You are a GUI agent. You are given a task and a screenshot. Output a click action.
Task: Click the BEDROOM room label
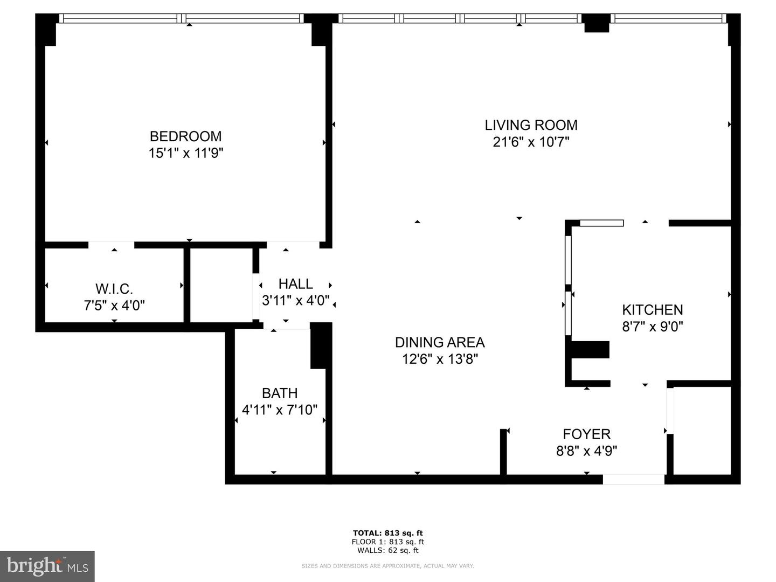(185, 136)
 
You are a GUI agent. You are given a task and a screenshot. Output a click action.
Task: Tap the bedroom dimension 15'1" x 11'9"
(185, 154)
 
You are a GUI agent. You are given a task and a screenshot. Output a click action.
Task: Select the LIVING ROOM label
(531, 126)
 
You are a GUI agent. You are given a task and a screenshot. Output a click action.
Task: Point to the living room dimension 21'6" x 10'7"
(531, 142)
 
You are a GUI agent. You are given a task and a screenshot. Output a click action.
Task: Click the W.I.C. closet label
(114, 289)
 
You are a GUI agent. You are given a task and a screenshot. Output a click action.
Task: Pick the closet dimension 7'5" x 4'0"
(114, 306)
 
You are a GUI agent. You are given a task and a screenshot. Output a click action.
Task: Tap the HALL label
(295, 284)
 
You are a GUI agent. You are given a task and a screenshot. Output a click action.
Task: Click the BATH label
(280, 393)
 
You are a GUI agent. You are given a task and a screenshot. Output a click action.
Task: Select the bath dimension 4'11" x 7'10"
(280, 410)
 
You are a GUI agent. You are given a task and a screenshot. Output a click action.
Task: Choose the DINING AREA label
(440, 342)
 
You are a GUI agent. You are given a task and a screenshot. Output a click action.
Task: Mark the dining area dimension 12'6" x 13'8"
(440, 359)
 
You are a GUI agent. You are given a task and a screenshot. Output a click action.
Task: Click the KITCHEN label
(652, 310)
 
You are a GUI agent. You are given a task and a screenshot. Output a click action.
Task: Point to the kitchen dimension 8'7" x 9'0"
(652, 327)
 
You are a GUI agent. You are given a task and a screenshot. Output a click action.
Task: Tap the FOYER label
(586, 434)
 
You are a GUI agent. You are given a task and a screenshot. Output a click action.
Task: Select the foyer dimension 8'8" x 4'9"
(586, 451)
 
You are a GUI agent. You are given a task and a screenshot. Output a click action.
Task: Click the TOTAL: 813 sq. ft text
(387, 533)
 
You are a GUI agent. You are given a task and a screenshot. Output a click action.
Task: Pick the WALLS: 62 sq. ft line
(387, 550)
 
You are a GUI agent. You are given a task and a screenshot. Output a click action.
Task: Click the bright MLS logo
(47, 566)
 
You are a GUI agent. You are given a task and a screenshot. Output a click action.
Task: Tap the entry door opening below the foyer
(633, 479)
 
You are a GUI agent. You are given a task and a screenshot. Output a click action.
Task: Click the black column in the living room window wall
(597, 24)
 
